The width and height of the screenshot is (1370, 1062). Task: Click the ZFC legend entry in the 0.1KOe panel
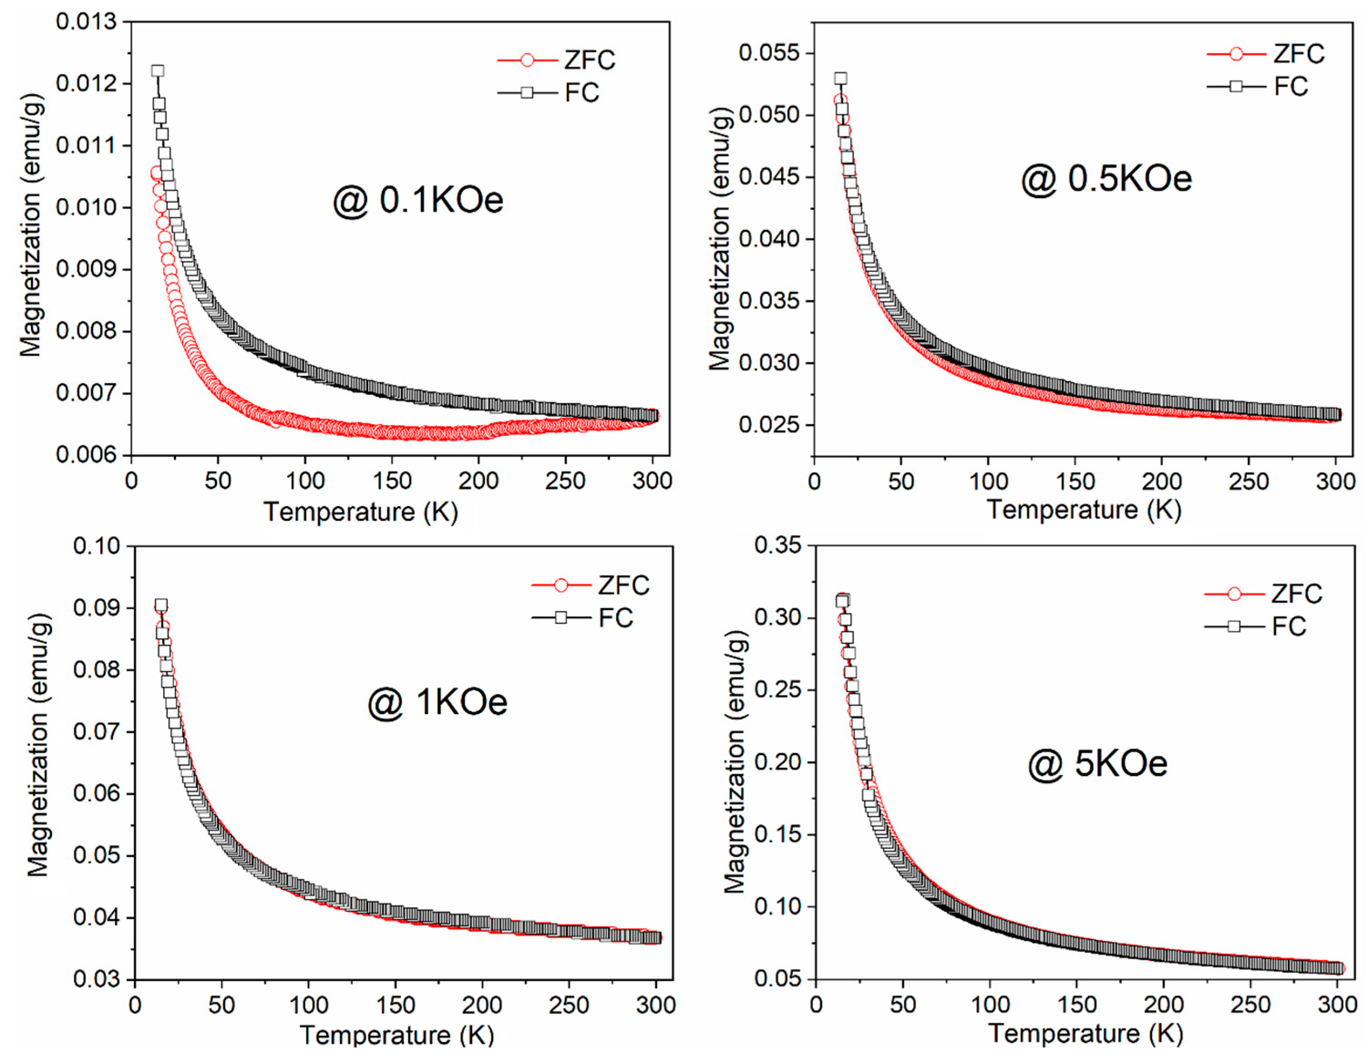(556, 60)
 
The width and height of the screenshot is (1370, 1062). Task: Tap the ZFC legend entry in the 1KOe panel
(590, 585)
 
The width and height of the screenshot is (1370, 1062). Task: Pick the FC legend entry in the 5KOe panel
(1255, 626)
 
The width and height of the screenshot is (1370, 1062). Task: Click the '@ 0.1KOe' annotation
(418, 201)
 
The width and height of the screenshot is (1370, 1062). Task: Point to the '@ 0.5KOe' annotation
(1107, 179)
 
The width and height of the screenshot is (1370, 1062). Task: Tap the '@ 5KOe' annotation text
(1098, 764)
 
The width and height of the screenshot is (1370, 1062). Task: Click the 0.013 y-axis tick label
(87, 22)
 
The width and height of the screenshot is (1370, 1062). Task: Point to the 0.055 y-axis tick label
(769, 53)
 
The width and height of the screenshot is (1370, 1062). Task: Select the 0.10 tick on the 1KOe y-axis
(97, 546)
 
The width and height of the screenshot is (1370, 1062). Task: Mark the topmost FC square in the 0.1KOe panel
(158, 71)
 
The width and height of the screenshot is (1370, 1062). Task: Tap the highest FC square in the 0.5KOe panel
(841, 78)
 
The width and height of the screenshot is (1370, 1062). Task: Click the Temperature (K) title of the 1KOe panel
(396, 1034)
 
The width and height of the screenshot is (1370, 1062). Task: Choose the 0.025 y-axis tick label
(769, 425)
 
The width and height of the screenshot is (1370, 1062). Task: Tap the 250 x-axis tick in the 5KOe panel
(1250, 1005)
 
